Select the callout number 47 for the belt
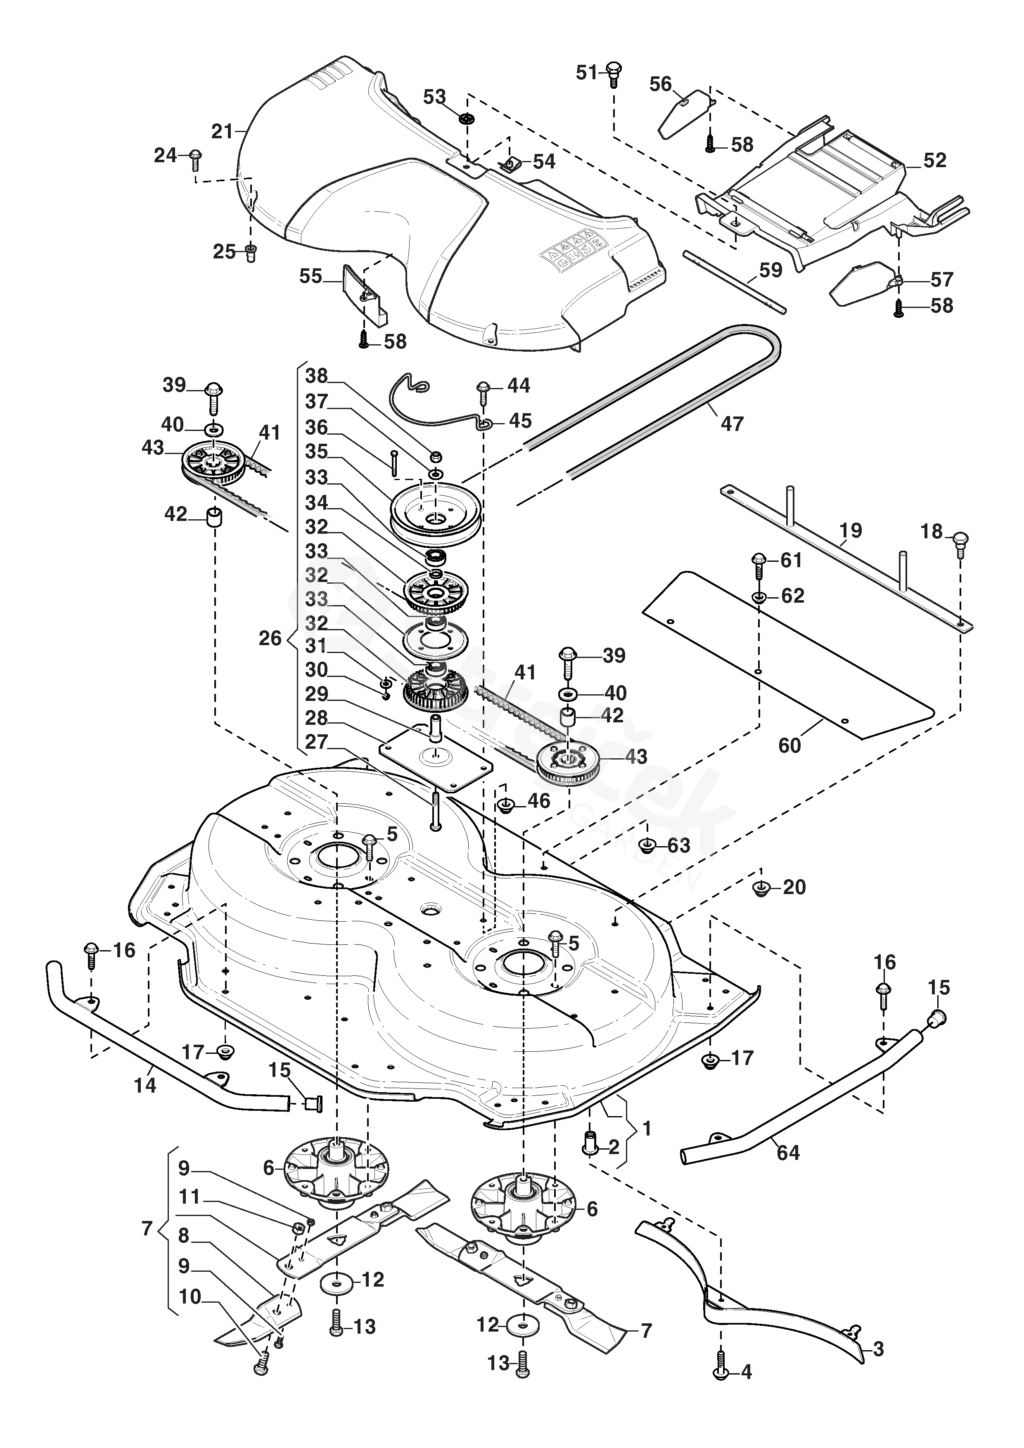[732, 424]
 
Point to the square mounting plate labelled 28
[435, 765]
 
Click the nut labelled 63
[646, 845]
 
